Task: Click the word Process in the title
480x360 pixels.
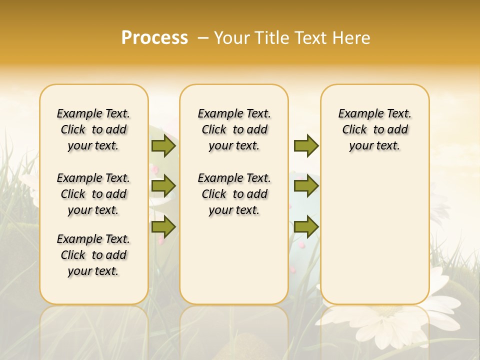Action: click(x=154, y=37)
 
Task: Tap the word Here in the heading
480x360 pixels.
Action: click(x=352, y=38)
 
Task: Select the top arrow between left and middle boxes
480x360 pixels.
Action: click(x=163, y=146)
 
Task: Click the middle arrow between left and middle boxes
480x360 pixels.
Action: click(x=163, y=186)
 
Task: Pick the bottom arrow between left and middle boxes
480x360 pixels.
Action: click(x=163, y=227)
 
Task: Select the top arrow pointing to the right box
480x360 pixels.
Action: click(x=306, y=146)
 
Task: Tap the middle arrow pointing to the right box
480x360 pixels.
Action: click(x=306, y=186)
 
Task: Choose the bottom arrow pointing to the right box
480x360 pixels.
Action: click(x=306, y=227)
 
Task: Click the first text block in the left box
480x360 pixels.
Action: click(x=93, y=129)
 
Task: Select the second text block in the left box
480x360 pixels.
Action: click(x=93, y=194)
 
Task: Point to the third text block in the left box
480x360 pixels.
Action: click(x=93, y=255)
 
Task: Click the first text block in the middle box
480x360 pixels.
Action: click(x=234, y=129)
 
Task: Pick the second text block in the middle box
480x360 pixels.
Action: click(x=234, y=194)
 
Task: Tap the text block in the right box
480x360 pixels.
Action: click(x=374, y=129)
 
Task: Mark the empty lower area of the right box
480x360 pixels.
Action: click(x=374, y=235)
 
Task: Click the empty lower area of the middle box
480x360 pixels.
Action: click(x=234, y=260)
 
